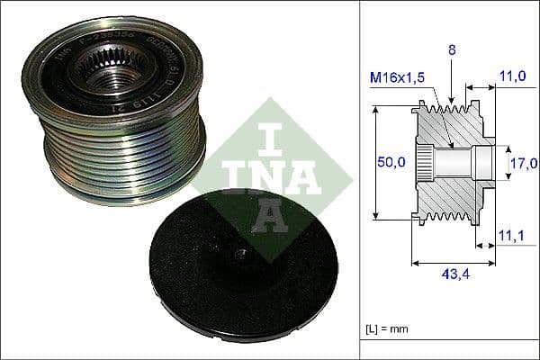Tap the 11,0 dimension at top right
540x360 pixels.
click(514, 77)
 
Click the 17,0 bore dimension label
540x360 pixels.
click(523, 163)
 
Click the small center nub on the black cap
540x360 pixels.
click(240, 255)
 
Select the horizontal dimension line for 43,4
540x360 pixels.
click(453, 265)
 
